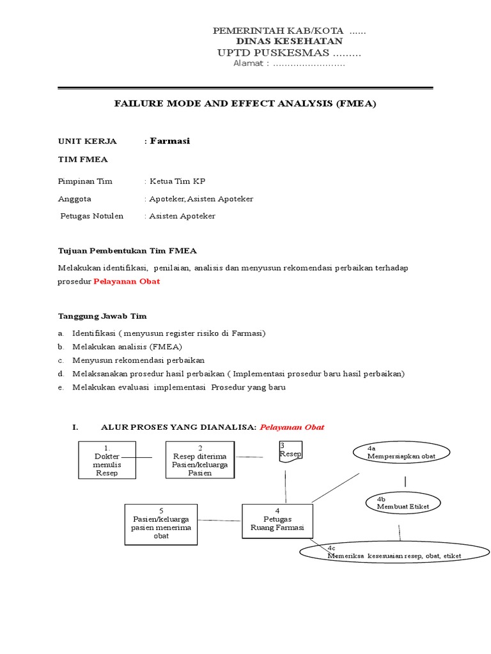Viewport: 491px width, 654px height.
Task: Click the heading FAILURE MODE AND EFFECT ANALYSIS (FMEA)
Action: pos(245,103)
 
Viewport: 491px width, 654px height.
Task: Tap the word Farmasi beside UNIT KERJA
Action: pos(169,141)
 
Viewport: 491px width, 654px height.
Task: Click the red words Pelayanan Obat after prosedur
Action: pos(127,281)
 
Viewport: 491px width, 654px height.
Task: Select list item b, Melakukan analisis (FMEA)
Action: pos(127,346)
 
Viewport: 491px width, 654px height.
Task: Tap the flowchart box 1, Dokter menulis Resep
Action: pos(107,460)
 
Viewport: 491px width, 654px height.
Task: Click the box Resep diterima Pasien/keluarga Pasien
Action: pos(200,460)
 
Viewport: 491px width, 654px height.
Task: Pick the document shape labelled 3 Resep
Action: pos(290,452)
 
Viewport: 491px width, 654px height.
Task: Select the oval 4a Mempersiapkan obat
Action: pos(401,453)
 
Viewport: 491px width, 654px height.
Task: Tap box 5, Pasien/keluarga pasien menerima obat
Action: pos(161,524)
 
